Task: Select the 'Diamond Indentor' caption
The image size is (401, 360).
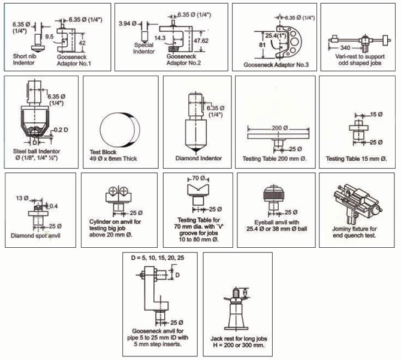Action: (197, 158)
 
